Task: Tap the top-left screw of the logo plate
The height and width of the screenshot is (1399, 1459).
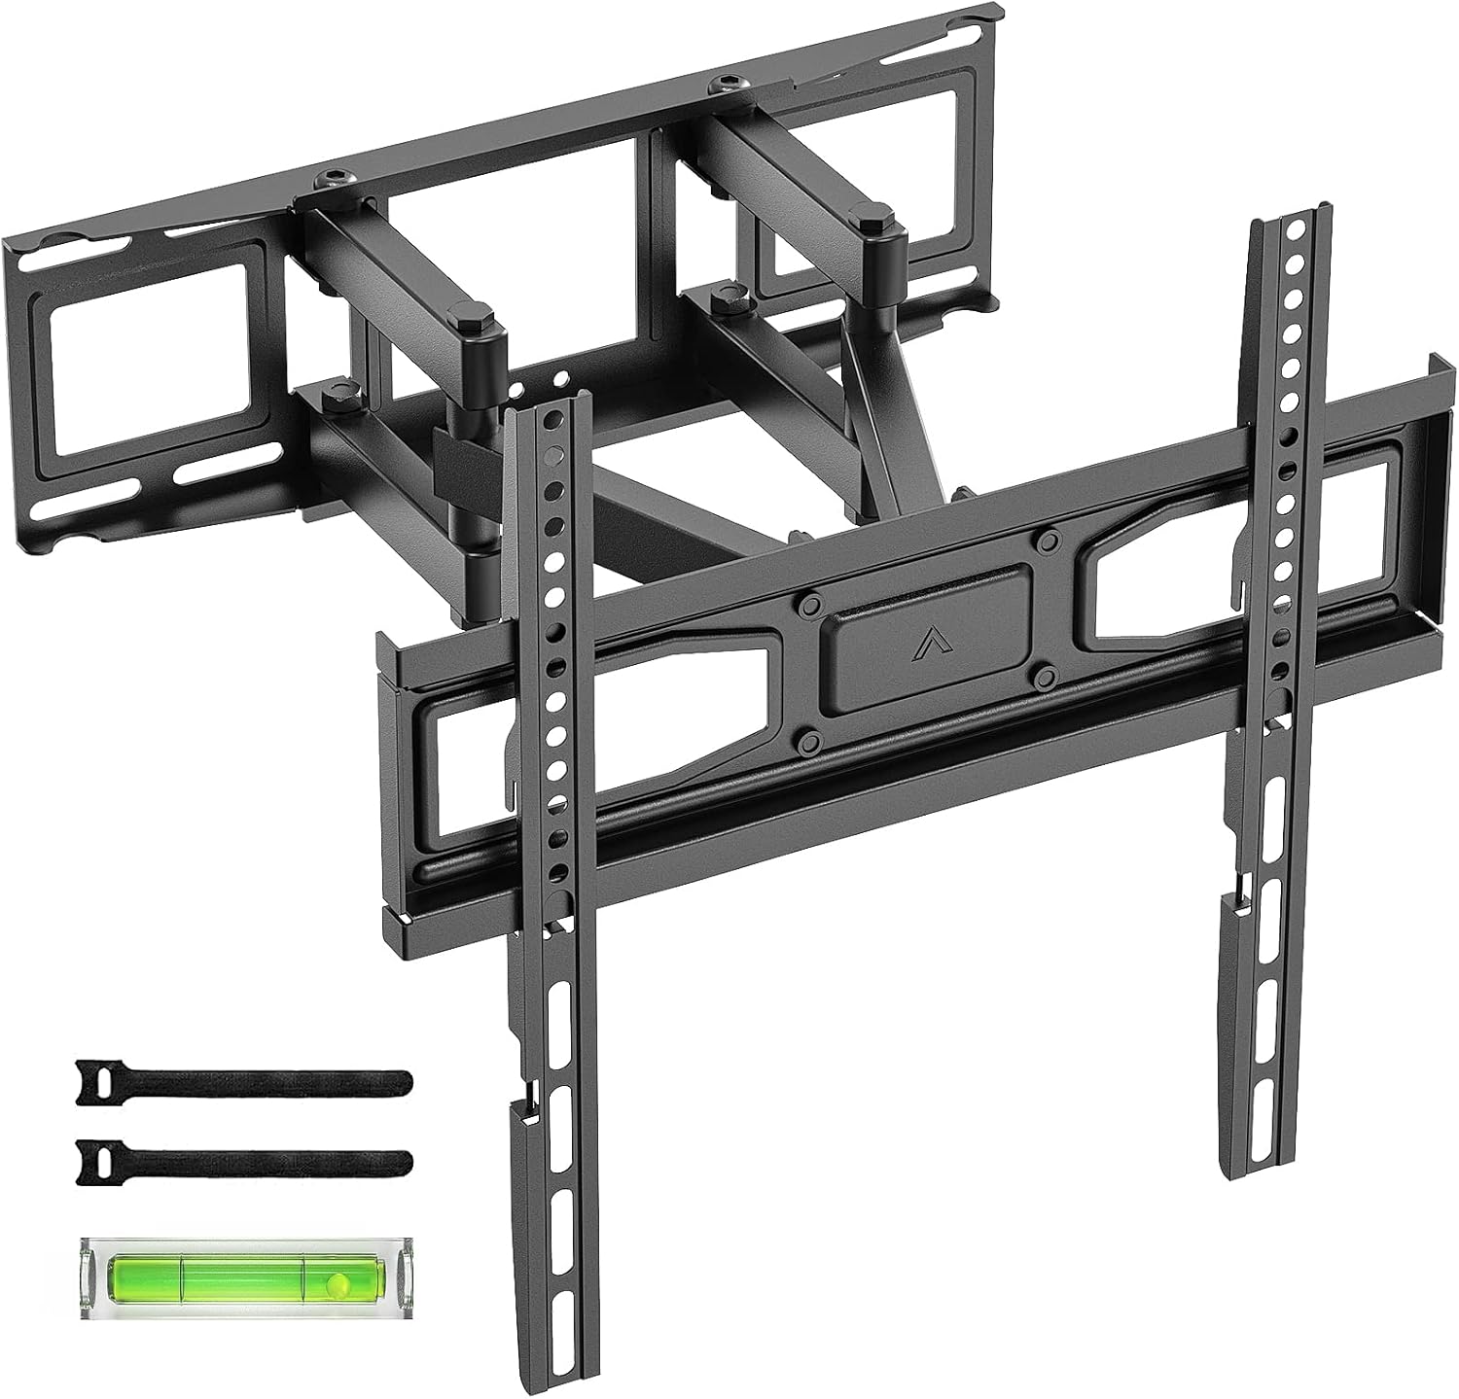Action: coord(806,604)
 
